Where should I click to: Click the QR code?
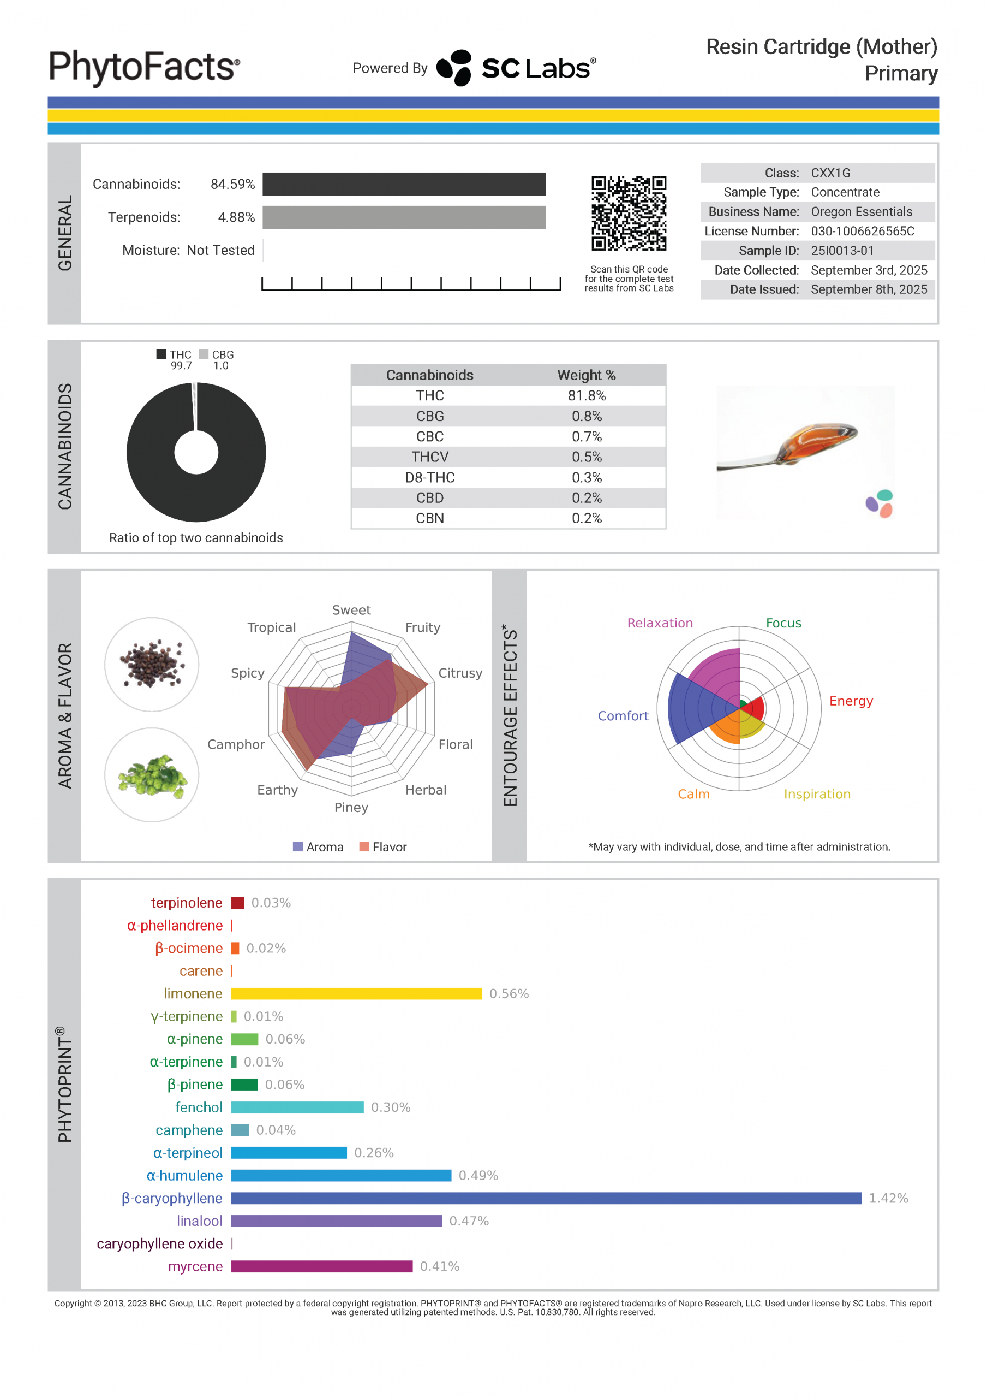tap(629, 213)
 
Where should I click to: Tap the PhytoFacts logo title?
tap(144, 67)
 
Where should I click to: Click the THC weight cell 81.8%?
tap(587, 396)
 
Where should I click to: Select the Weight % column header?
tap(587, 375)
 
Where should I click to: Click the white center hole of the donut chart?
tap(196, 452)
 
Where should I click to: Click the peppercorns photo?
tap(152, 664)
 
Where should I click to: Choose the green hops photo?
tap(152, 775)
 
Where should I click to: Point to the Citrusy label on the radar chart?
tap(460, 673)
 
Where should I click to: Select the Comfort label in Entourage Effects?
tap(623, 716)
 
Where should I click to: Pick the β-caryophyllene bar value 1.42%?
tap(888, 1198)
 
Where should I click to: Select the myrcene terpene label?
tap(195, 1266)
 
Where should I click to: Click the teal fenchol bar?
tap(297, 1107)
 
